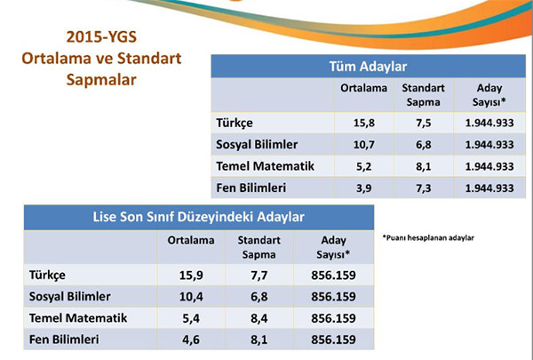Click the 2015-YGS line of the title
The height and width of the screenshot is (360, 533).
pos(101,36)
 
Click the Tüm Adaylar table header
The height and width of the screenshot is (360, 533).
pos(368,67)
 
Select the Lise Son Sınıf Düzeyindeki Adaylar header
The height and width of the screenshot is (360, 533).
pos(198,217)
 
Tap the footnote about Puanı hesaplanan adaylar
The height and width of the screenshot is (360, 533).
pos(428,237)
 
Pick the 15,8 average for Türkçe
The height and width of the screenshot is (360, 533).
pos(363,123)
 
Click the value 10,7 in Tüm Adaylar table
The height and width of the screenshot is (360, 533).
pos(363,145)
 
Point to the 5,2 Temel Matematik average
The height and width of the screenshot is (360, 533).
pos(363,166)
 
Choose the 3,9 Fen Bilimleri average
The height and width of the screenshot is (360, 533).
pos(363,188)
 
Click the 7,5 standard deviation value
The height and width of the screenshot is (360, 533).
pos(424,123)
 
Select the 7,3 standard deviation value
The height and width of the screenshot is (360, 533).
pos(424,188)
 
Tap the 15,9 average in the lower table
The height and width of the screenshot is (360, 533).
pos(191,276)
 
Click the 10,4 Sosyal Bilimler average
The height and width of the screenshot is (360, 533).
pos(191,297)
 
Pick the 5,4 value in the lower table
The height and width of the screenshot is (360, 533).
pos(191,318)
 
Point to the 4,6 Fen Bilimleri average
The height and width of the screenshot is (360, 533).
pos(191,340)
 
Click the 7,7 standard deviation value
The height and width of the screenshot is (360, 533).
pos(259,276)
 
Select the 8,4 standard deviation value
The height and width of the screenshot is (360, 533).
pos(259,318)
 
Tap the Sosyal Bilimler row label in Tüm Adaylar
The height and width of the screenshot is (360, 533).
pos(257,145)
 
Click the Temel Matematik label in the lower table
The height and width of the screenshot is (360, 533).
pos(78,318)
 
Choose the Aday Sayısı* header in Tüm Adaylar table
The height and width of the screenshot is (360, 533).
pos(489,95)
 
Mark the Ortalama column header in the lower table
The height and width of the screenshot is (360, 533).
pos(191,240)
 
